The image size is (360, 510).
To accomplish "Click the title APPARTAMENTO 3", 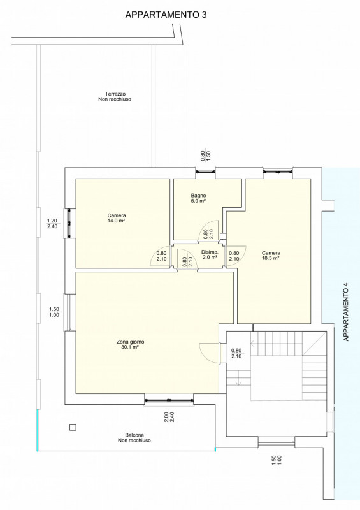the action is point(166,15).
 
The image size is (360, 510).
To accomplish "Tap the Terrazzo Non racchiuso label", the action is point(115,97).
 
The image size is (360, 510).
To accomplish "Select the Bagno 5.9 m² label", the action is point(198,198).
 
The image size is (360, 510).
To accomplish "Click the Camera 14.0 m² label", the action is point(117,218).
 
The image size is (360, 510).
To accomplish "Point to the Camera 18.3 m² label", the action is point(271,256).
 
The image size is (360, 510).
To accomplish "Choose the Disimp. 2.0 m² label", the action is point(210,254).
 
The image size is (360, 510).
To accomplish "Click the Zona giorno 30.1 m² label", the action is point(130,344).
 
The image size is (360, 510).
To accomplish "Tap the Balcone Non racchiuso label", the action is point(134,437).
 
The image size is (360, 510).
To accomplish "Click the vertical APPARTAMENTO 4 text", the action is point(346,312).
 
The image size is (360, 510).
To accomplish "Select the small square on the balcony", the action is point(73,427).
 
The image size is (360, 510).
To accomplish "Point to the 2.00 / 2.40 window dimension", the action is point(169,417).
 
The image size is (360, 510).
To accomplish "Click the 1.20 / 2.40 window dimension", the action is point(52,224).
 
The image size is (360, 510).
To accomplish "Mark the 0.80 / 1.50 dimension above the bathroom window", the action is point(206,156).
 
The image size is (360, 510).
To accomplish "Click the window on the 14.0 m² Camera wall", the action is point(69,223).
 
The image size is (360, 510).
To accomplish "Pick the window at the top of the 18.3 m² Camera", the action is point(277,171).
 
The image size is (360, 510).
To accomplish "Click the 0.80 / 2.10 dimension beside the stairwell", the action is point(236,353).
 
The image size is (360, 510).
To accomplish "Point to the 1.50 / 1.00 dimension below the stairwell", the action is point(277,460).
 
